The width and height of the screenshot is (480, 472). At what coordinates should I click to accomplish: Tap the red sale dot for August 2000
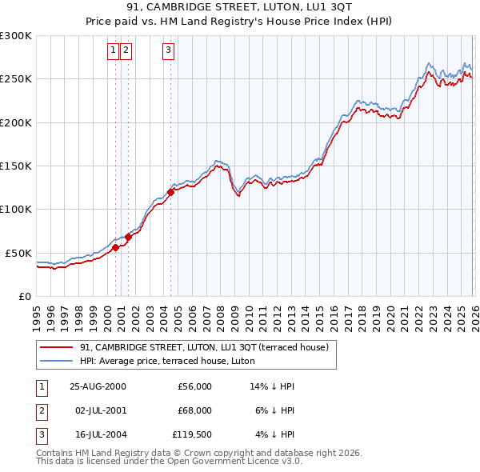(x=116, y=247)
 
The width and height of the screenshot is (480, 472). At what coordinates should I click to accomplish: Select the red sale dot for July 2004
(x=171, y=192)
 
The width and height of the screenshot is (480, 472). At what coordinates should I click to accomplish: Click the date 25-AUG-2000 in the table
(x=98, y=386)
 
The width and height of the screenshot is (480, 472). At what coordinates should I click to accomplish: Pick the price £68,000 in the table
(x=194, y=410)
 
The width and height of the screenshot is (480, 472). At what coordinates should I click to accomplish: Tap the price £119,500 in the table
(x=191, y=435)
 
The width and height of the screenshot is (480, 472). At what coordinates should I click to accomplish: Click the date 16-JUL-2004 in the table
(x=97, y=435)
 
